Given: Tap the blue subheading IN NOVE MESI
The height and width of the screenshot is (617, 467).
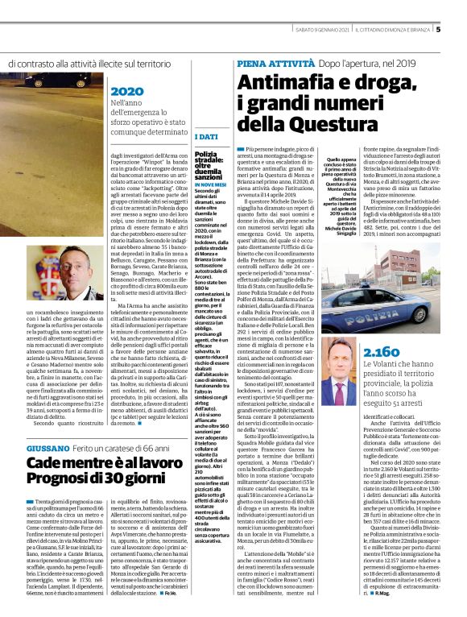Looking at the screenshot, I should pos(210,184).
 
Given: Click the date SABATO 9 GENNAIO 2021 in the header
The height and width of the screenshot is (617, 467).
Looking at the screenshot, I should pos(311,31).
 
